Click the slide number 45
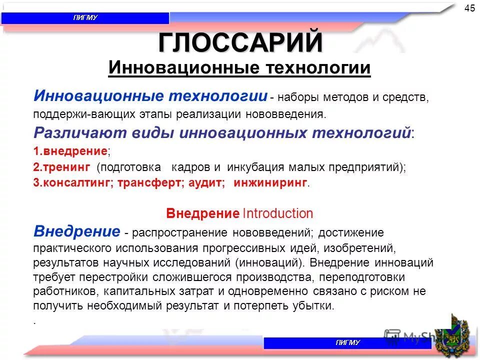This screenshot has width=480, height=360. click(469, 8)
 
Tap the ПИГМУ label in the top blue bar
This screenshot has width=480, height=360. click(85, 18)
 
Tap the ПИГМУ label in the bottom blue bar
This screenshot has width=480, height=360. click(347, 343)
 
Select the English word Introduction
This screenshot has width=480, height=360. click(277, 214)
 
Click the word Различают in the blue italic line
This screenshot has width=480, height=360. click(68, 133)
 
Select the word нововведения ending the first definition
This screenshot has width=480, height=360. click(284, 114)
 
